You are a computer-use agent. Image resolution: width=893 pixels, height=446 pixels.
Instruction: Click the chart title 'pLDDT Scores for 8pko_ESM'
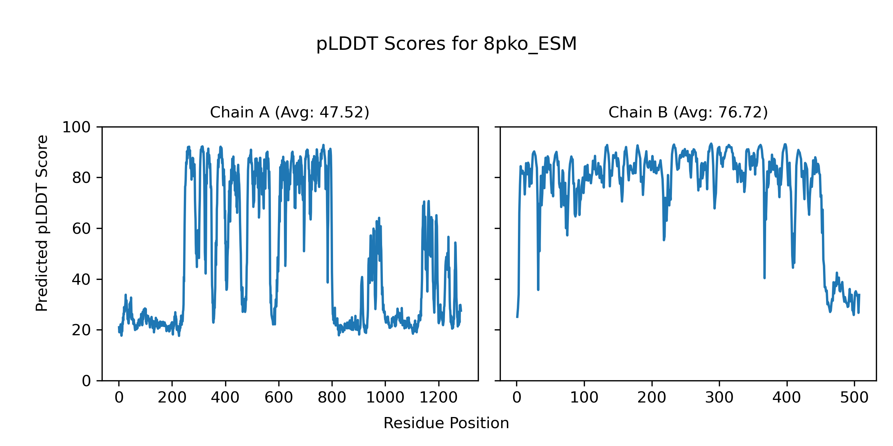coord(446,44)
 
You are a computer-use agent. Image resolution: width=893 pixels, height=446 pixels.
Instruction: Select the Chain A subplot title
coord(289,112)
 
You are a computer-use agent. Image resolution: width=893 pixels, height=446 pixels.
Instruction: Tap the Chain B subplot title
coord(688,112)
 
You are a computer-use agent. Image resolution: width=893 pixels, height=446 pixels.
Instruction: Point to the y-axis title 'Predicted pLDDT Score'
coord(42,223)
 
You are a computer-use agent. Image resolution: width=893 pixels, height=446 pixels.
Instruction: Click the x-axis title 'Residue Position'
coord(446,423)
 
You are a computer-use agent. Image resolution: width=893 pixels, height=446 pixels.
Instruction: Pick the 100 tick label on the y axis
coord(76,127)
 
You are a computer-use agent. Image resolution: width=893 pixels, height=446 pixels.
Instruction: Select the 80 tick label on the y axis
coord(81,178)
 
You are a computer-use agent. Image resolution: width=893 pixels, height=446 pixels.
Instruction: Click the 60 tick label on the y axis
coord(81,229)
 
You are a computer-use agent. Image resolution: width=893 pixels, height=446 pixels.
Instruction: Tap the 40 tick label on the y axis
coord(81,279)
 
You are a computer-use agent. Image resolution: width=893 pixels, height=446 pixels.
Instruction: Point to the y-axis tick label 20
coord(81,330)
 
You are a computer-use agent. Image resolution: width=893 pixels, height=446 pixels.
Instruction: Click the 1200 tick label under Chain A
coord(438,398)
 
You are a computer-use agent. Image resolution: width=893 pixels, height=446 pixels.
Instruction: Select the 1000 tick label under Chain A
coord(385,398)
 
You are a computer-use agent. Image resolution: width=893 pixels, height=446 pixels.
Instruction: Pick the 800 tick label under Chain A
coord(332,398)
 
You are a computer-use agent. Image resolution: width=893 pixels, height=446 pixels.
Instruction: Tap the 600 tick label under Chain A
coord(279,398)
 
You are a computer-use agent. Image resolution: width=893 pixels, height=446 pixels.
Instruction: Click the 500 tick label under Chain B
coord(854,398)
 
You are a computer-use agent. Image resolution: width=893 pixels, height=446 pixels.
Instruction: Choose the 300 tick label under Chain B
coord(719,398)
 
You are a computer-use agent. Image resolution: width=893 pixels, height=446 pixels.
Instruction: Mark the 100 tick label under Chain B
coord(584,398)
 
